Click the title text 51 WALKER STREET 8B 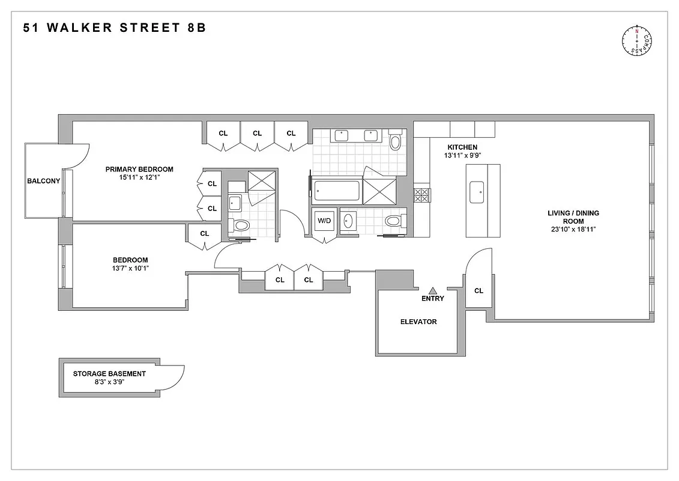click(x=115, y=28)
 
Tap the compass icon click(x=638, y=41)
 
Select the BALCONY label click(x=43, y=181)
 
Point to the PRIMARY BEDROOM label click(x=139, y=169)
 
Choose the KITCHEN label click(x=462, y=147)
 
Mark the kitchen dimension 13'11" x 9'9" click(x=462, y=156)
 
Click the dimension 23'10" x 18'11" click(x=573, y=229)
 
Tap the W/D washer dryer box click(x=324, y=221)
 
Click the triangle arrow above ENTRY click(x=432, y=290)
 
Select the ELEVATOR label click(x=418, y=322)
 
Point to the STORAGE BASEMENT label click(x=109, y=373)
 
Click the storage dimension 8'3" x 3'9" click(x=109, y=382)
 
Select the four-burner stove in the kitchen click(x=421, y=195)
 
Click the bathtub click(x=337, y=191)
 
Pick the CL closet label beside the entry click(x=478, y=291)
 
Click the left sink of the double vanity click(x=342, y=135)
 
